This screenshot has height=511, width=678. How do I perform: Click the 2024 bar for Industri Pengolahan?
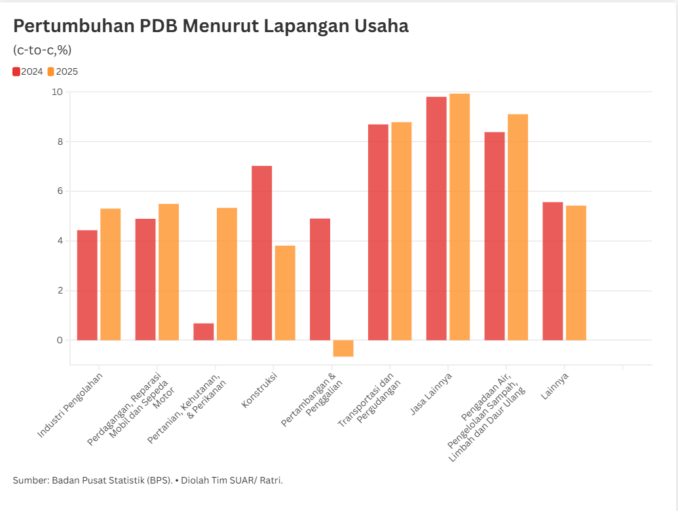pyautogui.click(x=87, y=285)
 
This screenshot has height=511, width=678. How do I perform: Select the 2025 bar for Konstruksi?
pyautogui.click(x=285, y=293)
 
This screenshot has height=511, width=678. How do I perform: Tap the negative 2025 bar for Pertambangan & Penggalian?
pyautogui.click(x=343, y=348)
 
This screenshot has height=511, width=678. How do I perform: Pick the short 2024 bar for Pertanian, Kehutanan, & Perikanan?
pyautogui.click(x=204, y=331)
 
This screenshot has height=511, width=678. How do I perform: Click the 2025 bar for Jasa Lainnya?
pyautogui.click(x=460, y=217)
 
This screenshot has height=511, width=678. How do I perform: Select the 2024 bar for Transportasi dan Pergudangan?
pyautogui.click(x=378, y=232)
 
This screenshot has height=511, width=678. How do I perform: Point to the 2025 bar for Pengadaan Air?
pyautogui.click(x=518, y=227)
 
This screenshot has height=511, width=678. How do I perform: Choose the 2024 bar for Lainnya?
pyautogui.click(x=553, y=271)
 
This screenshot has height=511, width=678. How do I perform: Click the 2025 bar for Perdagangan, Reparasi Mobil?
pyautogui.click(x=168, y=272)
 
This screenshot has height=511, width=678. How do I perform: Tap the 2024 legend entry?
pyautogui.click(x=28, y=71)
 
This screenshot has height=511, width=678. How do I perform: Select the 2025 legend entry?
pyautogui.click(x=63, y=71)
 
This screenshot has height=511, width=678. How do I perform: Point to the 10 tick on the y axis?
pyautogui.click(x=57, y=92)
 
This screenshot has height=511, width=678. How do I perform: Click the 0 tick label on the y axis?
pyautogui.click(x=60, y=340)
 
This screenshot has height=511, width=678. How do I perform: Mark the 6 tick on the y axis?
pyautogui.click(x=60, y=191)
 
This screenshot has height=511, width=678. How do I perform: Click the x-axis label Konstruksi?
pyautogui.click(x=259, y=390)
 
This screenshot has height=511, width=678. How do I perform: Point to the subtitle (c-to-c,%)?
pyautogui.click(x=42, y=50)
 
